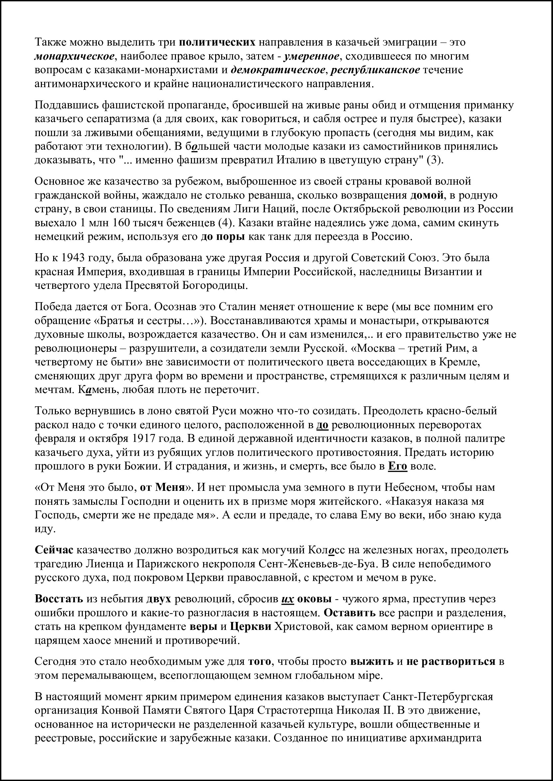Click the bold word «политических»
tap(217, 42)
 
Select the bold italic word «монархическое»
tap(74, 56)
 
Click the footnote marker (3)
tap(435, 160)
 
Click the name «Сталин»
tap(237, 307)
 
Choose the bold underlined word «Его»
tap(397, 466)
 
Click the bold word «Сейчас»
tap(54, 550)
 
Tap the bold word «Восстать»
tap(59, 599)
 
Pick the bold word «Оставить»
tap(349, 613)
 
